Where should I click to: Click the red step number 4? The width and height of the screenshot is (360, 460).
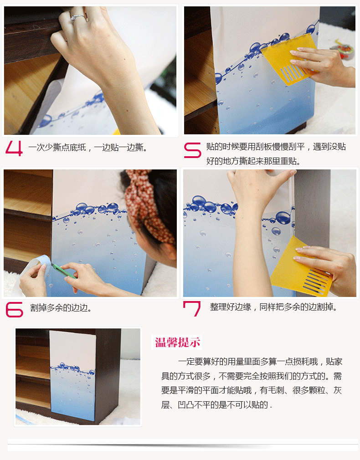point(14,148)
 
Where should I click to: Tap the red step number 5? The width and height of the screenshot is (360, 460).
point(192,150)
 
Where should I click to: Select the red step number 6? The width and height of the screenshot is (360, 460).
point(14,310)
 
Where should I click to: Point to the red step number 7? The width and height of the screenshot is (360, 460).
point(192,308)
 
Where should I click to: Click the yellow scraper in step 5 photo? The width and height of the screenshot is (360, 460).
point(288,59)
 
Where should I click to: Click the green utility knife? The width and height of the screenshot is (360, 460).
point(64,271)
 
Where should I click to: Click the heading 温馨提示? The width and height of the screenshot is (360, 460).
point(177,342)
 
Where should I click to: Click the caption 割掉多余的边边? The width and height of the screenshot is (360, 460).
point(61,308)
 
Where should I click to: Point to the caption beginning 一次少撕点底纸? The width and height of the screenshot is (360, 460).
point(88,147)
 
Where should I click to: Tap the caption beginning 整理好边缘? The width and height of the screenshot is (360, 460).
point(273,307)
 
